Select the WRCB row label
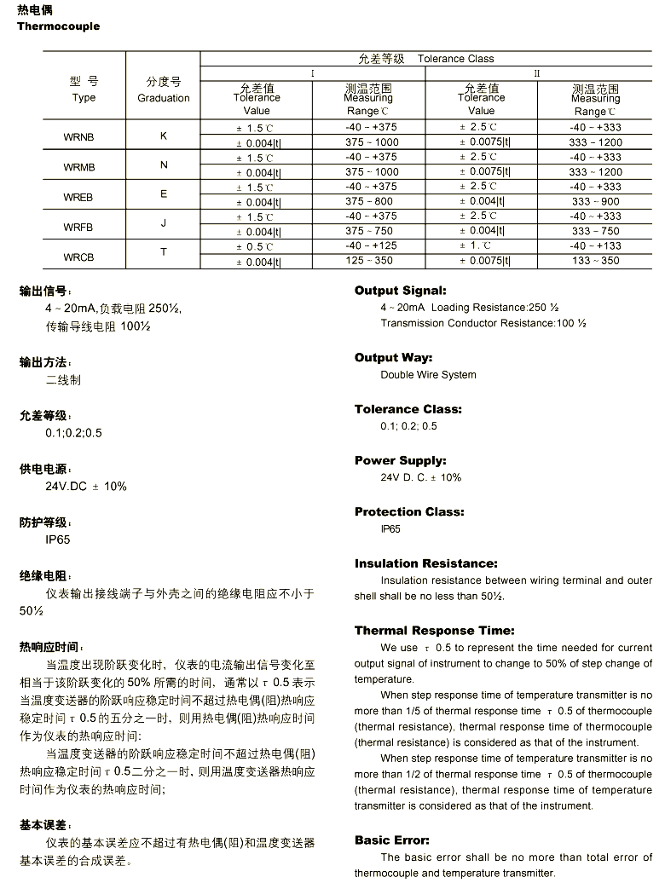click(78, 257)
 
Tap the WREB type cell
click(78, 197)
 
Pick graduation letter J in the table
click(164, 223)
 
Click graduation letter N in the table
click(164, 164)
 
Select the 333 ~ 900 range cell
click(596, 202)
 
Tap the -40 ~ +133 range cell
click(596, 246)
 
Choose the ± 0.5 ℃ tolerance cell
click(256, 246)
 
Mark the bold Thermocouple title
click(58, 26)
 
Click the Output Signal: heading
click(400, 291)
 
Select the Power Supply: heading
click(400, 460)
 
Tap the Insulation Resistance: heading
click(425, 563)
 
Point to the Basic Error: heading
click(392, 840)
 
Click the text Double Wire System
click(428, 375)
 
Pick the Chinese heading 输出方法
click(45, 362)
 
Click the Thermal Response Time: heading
click(434, 631)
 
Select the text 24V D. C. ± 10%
click(420, 477)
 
